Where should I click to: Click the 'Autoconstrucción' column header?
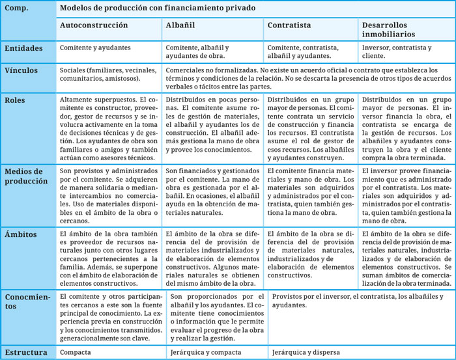coord(94,25)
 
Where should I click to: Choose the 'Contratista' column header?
coord(289,25)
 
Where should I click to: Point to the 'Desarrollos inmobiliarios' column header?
coord(391,30)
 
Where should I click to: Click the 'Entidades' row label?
coord(23,48)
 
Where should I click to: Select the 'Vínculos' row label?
coord(21,70)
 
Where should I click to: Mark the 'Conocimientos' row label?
coord(27,302)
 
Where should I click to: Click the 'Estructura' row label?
coord(25,352)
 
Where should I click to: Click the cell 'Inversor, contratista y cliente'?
coord(395,52)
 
